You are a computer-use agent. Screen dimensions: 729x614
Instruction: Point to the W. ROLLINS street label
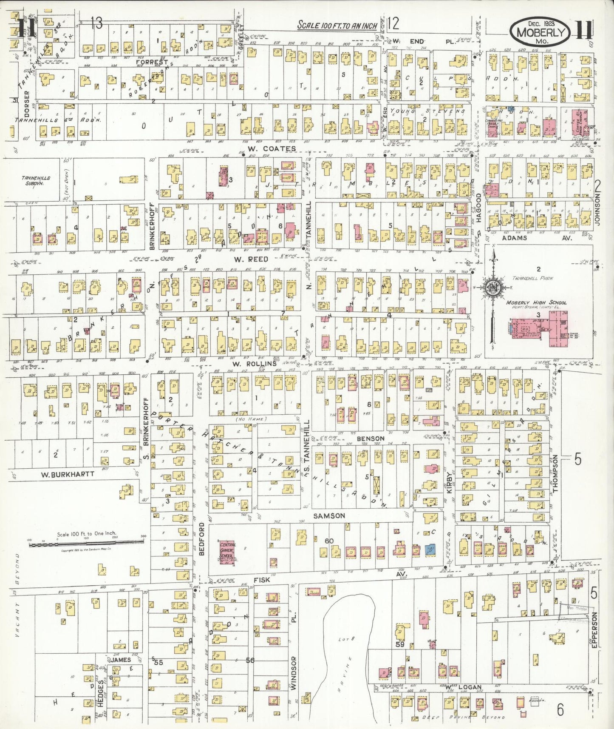point(255,364)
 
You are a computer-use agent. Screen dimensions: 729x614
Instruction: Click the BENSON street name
point(371,439)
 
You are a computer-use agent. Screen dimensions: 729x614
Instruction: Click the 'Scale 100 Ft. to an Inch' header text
point(337,26)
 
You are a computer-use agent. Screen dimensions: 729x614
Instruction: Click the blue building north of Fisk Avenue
point(430,550)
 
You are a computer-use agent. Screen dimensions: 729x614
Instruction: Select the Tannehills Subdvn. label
point(36,181)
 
